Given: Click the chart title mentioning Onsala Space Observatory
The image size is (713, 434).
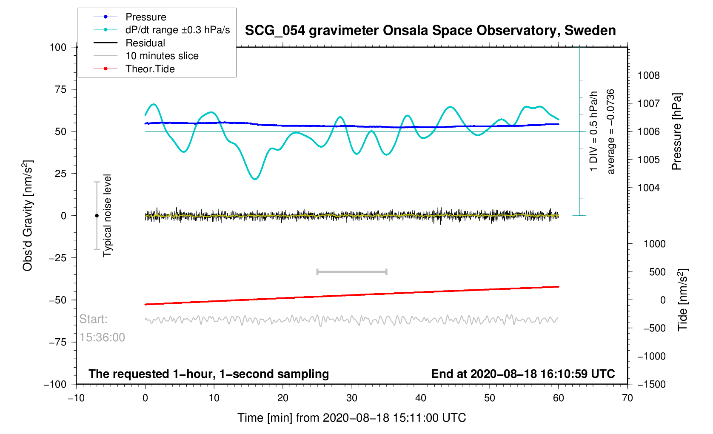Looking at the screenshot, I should [430, 31].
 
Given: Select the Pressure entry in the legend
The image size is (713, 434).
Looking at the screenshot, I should [145, 17].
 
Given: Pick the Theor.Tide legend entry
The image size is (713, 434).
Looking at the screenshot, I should [150, 69].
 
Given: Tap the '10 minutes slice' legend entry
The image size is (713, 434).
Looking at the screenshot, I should [162, 56].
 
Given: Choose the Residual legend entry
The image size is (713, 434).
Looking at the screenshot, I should [145, 43].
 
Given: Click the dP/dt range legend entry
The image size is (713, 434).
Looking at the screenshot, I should [177, 30].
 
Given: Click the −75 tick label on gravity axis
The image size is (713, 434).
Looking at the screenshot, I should [57, 342].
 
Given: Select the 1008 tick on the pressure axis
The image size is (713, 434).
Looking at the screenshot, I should [648, 76].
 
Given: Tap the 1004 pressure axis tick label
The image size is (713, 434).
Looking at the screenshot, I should [648, 188].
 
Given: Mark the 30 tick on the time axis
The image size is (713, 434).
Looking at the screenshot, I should [352, 398].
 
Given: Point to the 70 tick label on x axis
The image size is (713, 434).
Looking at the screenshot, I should [627, 398].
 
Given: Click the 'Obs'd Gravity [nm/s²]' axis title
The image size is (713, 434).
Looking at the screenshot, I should [28, 215].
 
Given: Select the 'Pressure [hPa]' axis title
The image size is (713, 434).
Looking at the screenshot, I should [676, 131].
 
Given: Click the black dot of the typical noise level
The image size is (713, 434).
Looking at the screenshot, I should [97, 216].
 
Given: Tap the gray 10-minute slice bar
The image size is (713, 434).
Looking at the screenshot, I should [352, 271].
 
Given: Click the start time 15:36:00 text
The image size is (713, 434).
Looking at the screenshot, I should [102, 337].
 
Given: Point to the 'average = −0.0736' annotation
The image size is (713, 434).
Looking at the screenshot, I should [611, 131].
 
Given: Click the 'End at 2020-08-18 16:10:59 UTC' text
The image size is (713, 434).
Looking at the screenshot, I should [523, 374].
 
